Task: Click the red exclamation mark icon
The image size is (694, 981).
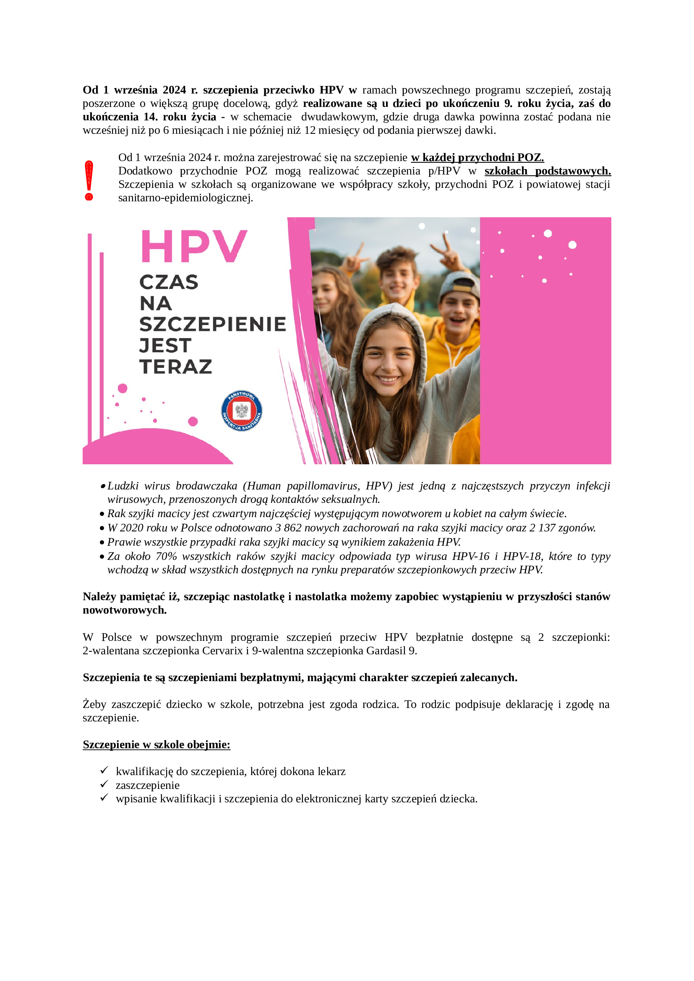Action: point(89,180)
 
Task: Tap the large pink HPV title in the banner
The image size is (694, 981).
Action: point(194,247)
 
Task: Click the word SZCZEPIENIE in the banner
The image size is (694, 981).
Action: point(212,324)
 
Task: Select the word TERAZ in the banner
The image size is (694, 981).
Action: point(176,367)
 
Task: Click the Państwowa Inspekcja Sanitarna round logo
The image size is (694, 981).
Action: point(241,411)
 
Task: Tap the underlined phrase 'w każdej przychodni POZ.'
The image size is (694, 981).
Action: point(477,158)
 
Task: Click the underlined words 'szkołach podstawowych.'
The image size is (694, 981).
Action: point(548,171)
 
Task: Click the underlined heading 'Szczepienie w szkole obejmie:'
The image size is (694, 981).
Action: point(157,745)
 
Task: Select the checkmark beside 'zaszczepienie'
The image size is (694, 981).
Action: point(104,784)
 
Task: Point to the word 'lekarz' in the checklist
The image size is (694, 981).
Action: point(331,772)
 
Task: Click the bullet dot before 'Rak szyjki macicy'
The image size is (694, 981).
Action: point(102,514)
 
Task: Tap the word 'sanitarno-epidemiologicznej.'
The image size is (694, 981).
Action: point(185,198)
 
